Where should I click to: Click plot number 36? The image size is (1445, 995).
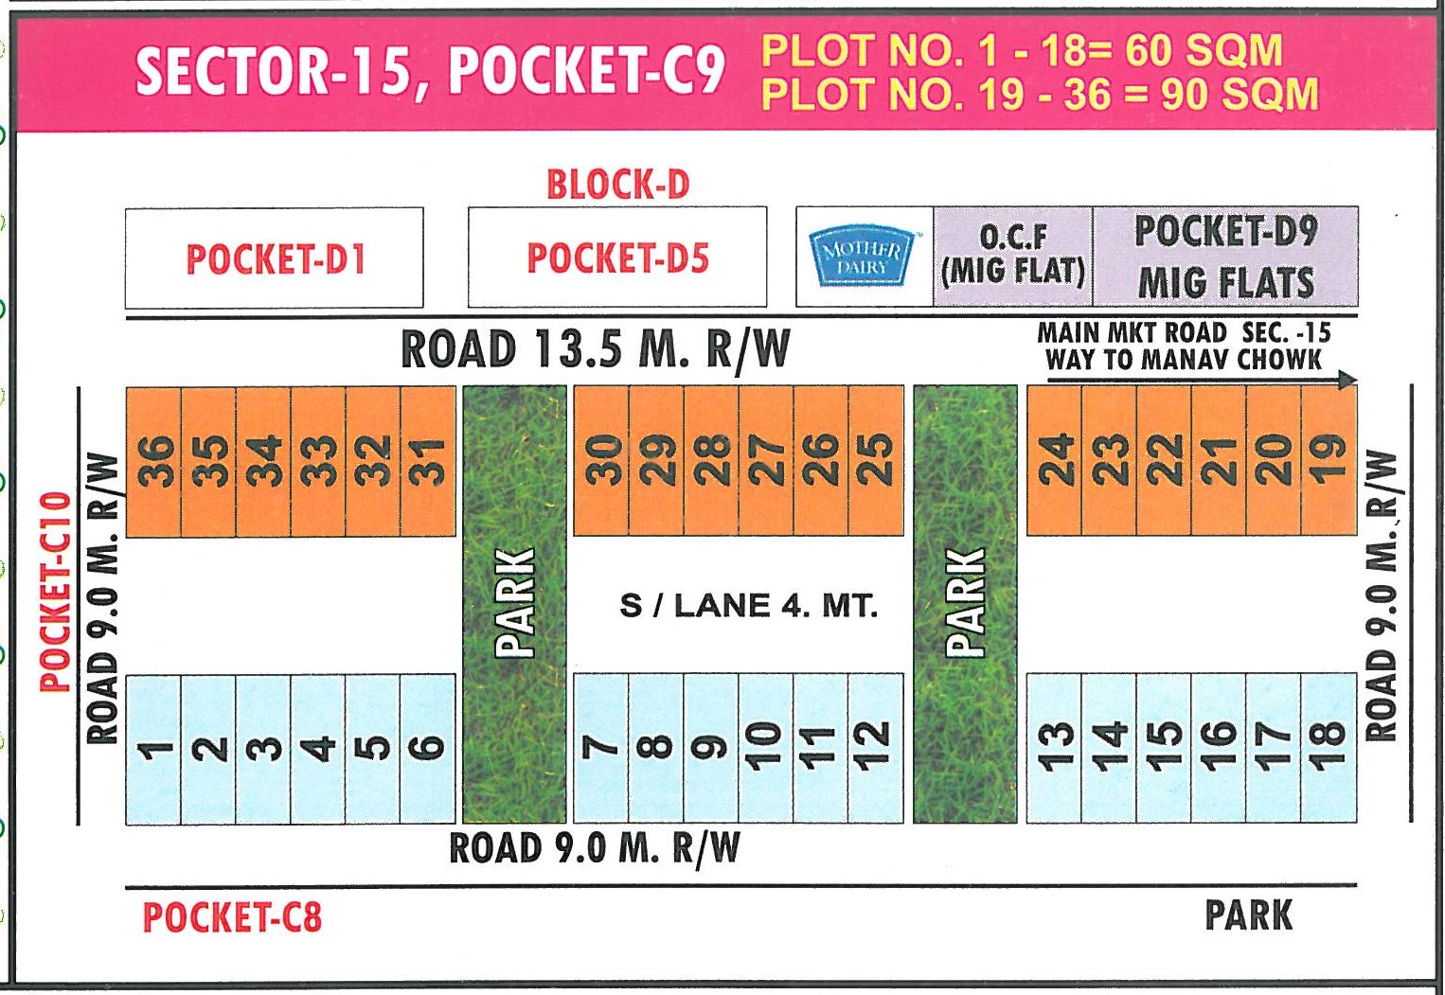tap(153, 461)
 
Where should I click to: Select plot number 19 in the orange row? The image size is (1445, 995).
tap(1329, 461)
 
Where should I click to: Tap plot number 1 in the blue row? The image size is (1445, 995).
tap(153, 749)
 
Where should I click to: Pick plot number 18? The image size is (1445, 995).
tap(1329, 748)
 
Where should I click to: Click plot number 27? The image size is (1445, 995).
tap(767, 461)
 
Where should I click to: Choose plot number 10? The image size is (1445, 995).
tap(767, 748)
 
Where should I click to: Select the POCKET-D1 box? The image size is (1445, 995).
tap(275, 258)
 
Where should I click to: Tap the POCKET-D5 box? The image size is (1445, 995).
tap(617, 258)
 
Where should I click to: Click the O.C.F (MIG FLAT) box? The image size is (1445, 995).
tap(1012, 257)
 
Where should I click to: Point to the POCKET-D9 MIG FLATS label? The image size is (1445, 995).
tap(1225, 257)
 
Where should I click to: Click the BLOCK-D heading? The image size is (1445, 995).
tap(617, 184)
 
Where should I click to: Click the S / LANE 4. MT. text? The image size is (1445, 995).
tap(748, 606)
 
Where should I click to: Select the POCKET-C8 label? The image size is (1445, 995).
tap(232, 917)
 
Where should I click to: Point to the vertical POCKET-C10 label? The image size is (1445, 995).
tap(57, 592)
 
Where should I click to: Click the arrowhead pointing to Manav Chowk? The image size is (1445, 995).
tap(1347, 381)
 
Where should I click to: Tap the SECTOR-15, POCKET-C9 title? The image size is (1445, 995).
tap(431, 71)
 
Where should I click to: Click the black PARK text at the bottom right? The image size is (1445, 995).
tap(1248, 915)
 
